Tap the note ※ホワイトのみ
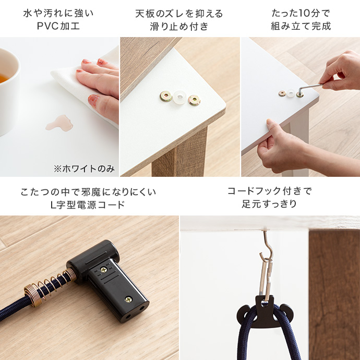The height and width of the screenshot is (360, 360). click(x=84, y=169)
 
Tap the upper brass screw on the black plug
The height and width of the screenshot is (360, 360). click(x=103, y=270)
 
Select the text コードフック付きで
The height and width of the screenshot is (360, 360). click(x=269, y=191)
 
